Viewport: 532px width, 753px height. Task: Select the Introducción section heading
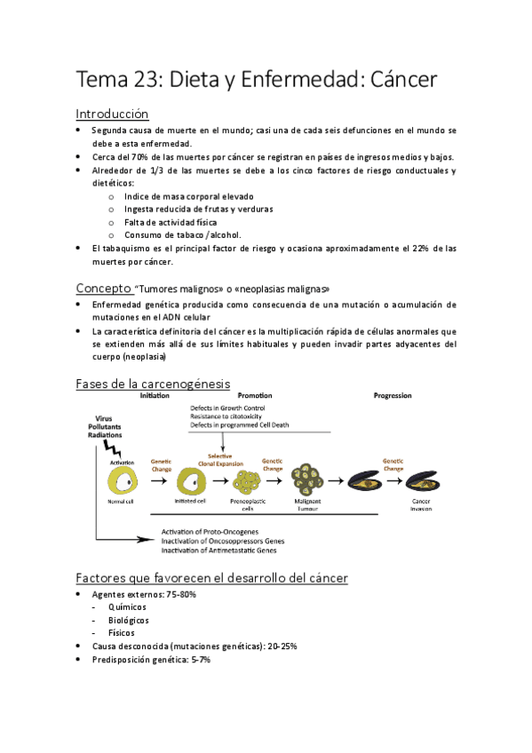pyautogui.click(x=112, y=114)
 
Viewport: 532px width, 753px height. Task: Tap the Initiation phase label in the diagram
pyautogui.click(x=155, y=395)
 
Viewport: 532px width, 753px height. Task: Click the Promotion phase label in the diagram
pyautogui.click(x=255, y=395)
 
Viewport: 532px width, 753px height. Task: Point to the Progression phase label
pyautogui.click(x=393, y=395)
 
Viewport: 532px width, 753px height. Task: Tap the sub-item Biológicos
pyautogui.click(x=128, y=620)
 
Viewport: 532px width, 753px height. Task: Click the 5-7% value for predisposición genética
pyautogui.click(x=194, y=660)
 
